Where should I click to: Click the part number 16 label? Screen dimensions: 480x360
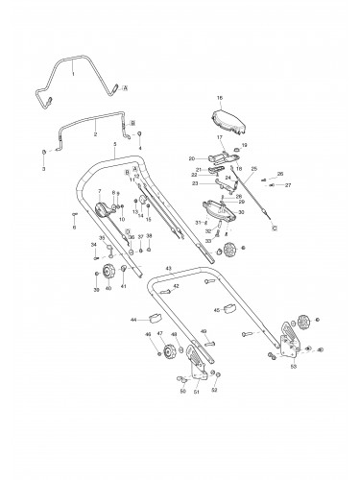[x=218, y=99]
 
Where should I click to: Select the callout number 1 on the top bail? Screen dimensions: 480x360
[x=71, y=71]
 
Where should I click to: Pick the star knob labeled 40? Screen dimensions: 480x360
[x=108, y=275]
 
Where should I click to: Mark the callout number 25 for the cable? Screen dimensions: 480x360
[x=254, y=168]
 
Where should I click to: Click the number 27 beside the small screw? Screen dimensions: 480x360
[x=287, y=184]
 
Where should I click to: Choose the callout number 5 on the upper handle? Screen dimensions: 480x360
[x=114, y=144]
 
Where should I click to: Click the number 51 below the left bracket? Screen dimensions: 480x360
[x=197, y=392]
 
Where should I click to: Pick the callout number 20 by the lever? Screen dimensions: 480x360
[x=191, y=158]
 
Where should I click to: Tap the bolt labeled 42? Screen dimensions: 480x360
[x=165, y=288]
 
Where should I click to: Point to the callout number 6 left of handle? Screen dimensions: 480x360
[x=73, y=228]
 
